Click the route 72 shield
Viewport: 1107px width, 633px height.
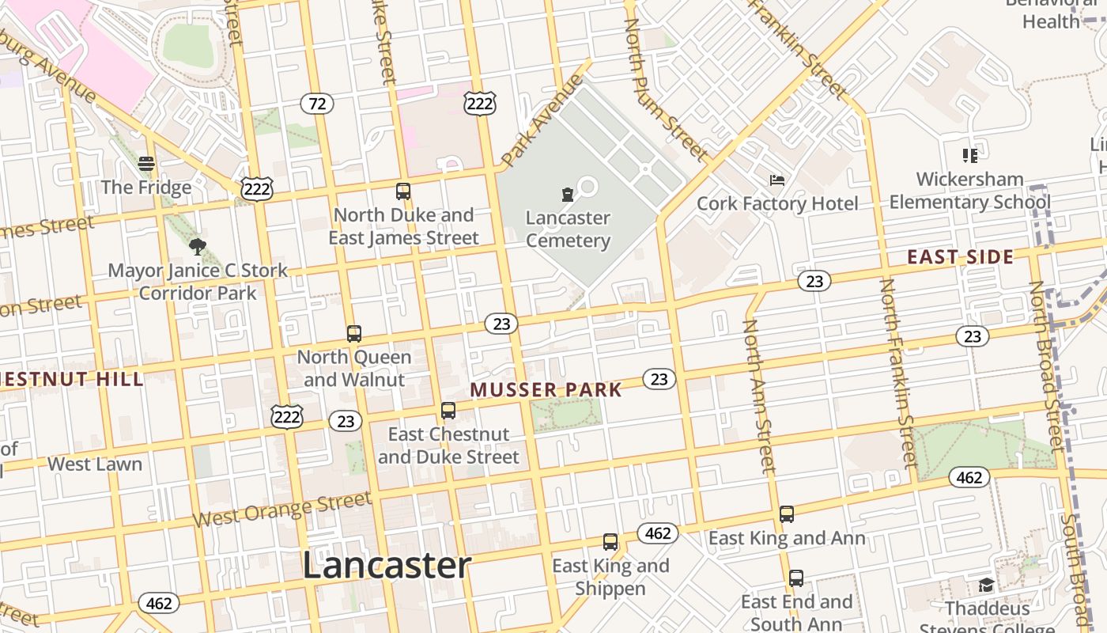[x=316, y=104]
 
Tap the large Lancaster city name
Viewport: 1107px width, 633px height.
[x=387, y=566]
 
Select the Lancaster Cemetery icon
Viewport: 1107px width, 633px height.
[x=567, y=194]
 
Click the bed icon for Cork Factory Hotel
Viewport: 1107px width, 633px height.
[x=777, y=180]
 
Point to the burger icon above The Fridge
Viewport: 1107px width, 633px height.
[x=146, y=164]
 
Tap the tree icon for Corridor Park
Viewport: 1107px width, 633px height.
[x=198, y=247]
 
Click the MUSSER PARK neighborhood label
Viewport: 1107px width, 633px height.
[x=546, y=390]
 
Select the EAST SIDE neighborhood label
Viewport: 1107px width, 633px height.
[x=960, y=257]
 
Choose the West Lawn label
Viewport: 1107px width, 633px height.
[x=95, y=464]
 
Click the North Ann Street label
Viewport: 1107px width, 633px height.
[x=759, y=396]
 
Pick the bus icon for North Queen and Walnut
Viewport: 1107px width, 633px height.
[x=354, y=334]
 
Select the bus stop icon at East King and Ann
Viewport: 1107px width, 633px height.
[x=787, y=514]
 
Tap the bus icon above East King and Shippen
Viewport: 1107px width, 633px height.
[x=610, y=542]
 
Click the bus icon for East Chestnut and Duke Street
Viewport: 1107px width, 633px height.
[x=448, y=411]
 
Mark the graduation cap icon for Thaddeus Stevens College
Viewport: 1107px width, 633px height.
[x=986, y=585]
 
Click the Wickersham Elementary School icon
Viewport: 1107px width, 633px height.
[x=970, y=155]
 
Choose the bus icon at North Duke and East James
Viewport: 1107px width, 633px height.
[x=403, y=191]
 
